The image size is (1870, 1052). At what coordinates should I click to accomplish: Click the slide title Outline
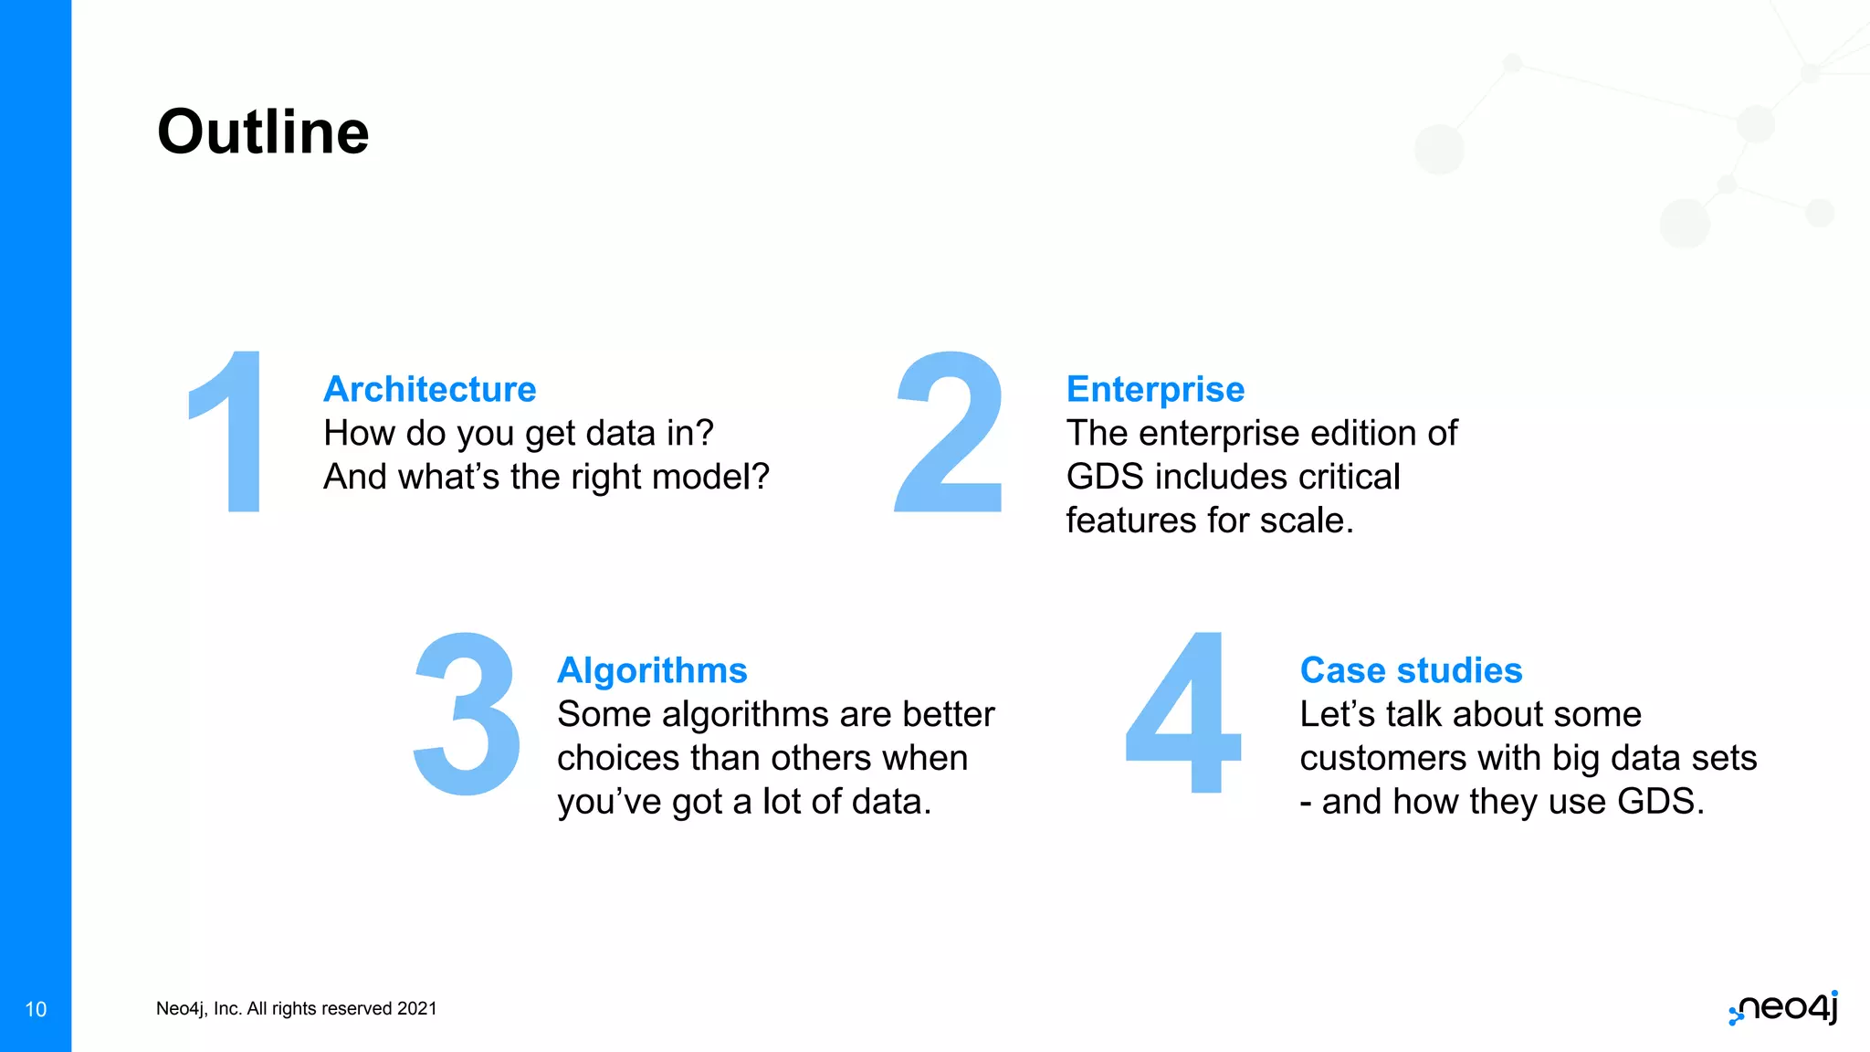pyautogui.click(x=263, y=132)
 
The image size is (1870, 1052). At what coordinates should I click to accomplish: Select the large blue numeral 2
pyautogui.click(x=950, y=432)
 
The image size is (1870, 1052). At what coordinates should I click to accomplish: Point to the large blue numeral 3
pyautogui.click(x=467, y=713)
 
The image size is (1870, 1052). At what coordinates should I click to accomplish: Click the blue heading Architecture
pyautogui.click(x=429, y=389)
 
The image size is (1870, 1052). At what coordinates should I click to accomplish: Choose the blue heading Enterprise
pyautogui.click(x=1155, y=389)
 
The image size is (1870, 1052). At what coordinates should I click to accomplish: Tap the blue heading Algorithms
pyautogui.click(x=652, y=670)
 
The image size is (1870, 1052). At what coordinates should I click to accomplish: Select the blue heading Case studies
pyautogui.click(x=1411, y=670)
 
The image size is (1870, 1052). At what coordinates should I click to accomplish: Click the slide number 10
pyautogui.click(x=36, y=1009)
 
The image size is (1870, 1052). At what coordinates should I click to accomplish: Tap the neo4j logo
pyautogui.click(x=1785, y=1008)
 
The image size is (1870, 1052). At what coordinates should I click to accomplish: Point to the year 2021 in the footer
pyautogui.click(x=417, y=1008)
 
